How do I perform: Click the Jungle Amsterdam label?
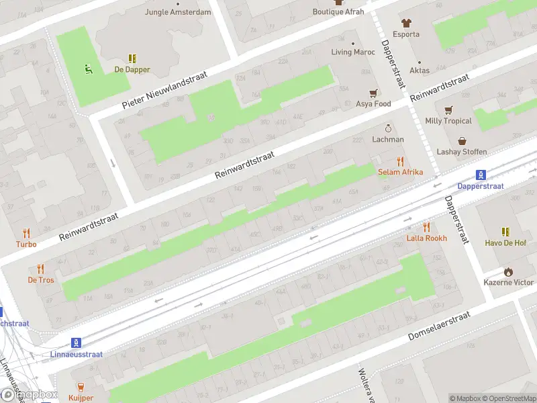[178, 12]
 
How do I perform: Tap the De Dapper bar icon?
[132, 58]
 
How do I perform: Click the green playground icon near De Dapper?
[88, 68]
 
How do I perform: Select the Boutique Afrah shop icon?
[338, 2]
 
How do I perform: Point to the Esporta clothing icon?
[406, 22]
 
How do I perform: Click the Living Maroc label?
[353, 52]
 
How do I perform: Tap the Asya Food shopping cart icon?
[373, 93]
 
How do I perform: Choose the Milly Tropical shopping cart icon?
[448, 110]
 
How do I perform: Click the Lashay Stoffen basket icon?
[462, 141]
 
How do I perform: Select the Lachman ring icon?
[388, 128]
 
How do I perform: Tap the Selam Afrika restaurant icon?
[400, 161]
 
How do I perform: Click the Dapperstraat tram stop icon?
[480, 175]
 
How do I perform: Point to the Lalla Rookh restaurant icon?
[426, 228]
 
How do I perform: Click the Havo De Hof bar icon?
[506, 232]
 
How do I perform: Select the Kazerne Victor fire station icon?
[508, 271]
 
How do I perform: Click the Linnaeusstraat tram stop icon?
[77, 343]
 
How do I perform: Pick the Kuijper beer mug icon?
[81, 387]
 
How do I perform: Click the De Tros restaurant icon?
[40, 269]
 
